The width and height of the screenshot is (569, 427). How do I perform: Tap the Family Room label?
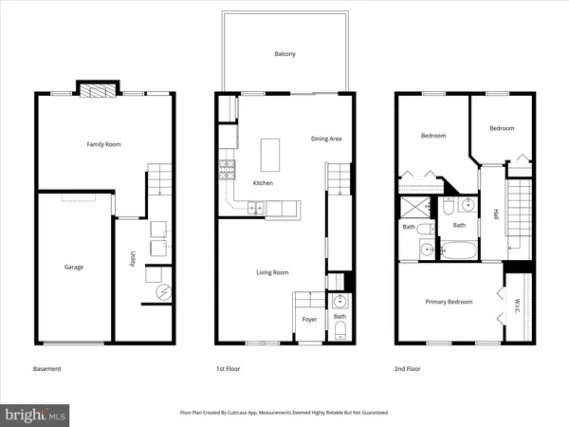(104, 144)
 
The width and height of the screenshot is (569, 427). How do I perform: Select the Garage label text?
(73, 268)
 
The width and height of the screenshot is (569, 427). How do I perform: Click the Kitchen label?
(263, 183)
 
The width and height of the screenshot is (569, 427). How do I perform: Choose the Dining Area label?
(326, 139)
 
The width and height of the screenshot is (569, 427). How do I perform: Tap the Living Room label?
(272, 273)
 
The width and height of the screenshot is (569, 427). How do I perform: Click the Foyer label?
(309, 320)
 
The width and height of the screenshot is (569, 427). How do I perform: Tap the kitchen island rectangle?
(270, 153)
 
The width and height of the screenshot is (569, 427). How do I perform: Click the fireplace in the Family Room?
(96, 91)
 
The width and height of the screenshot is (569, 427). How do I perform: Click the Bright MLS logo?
(36, 414)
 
